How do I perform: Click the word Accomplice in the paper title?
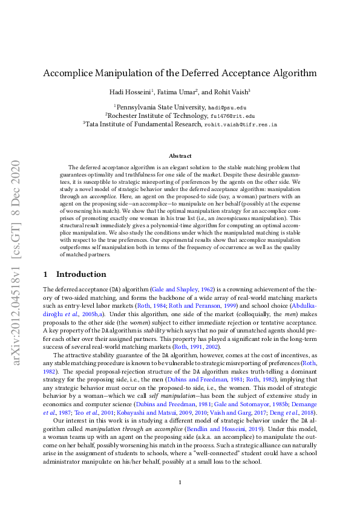click(71, 74)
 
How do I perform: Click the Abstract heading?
click(180, 156)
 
